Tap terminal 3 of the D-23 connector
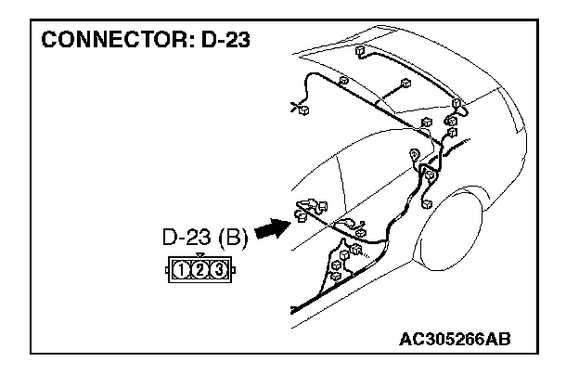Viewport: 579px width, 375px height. [x=218, y=271]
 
